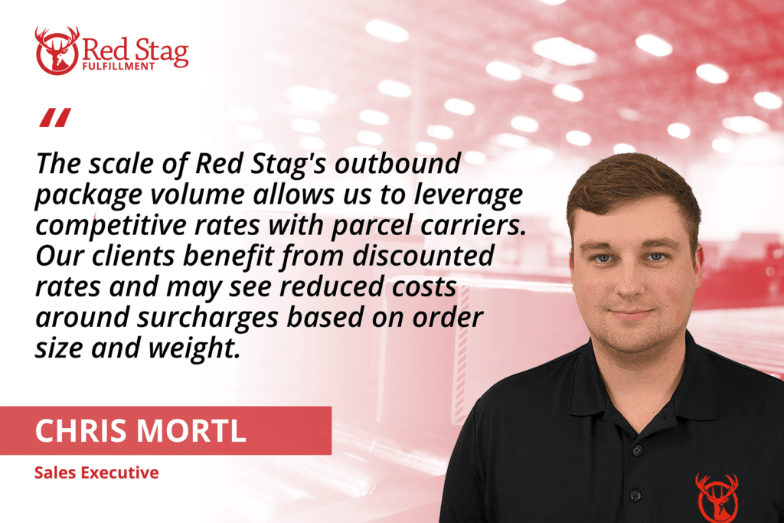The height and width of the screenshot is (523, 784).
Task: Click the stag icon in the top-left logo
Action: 57,51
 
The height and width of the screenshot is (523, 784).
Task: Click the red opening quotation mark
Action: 55,117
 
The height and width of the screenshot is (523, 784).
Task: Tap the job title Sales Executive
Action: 96,472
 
